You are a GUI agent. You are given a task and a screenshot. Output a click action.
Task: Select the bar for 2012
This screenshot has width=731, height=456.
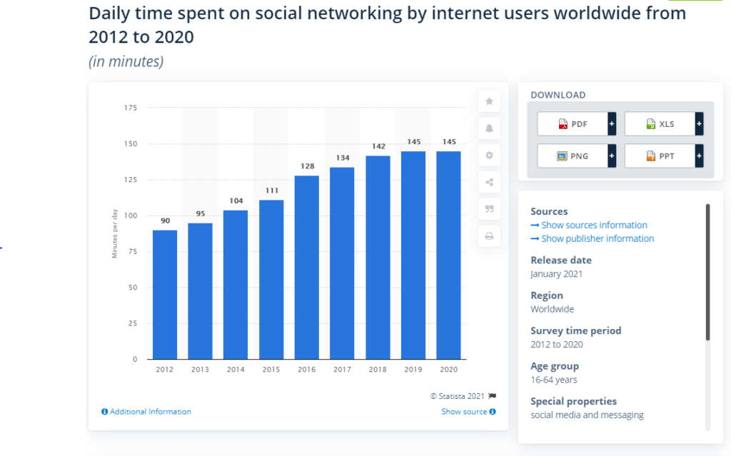[165, 294]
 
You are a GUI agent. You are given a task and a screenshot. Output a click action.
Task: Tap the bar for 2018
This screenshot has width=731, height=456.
[378, 257]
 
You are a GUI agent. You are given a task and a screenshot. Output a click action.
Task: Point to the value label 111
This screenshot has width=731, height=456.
[271, 192]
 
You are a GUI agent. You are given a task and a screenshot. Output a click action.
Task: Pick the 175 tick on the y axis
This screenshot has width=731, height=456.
[130, 108]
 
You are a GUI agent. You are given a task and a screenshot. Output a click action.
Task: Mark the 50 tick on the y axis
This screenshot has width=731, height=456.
[132, 288]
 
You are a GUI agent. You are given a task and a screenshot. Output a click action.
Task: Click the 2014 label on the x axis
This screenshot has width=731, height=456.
[236, 370]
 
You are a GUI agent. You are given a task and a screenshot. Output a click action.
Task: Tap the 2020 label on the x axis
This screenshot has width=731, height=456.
[448, 370]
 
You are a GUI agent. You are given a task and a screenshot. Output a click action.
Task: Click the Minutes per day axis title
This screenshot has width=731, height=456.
[115, 234]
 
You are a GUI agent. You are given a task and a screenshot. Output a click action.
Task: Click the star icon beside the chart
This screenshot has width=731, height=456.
[489, 101]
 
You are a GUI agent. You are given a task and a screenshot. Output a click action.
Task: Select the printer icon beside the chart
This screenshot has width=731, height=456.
[489, 236]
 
